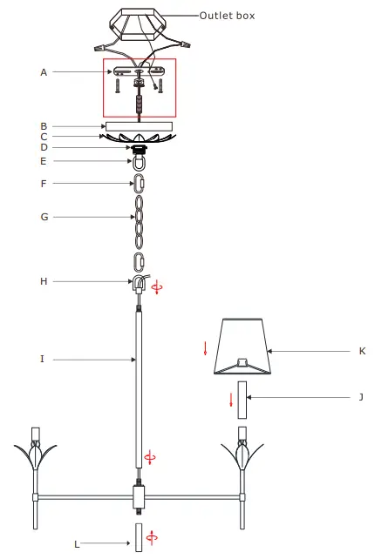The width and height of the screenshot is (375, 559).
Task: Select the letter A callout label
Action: pyautogui.click(x=44, y=72)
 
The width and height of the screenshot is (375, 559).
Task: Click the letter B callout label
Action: pyautogui.click(x=44, y=125)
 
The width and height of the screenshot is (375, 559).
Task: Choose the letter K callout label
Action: pyautogui.click(x=361, y=351)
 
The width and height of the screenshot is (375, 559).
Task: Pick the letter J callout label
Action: pyautogui.click(x=360, y=397)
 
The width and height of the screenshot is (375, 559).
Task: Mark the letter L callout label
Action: pyautogui.click(x=77, y=544)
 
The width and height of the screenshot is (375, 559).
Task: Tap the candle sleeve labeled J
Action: pyautogui.click(x=243, y=400)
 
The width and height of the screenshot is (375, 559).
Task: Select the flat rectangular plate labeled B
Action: pyautogui.click(x=139, y=125)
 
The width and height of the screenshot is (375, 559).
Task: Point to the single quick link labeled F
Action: pyautogui.click(x=138, y=185)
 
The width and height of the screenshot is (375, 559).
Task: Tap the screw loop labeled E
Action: pyautogui.click(x=138, y=162)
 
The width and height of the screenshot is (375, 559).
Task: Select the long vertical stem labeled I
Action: pyautogui.click(x=138, y=392)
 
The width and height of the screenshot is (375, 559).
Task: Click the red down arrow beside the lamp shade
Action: pyautogui.click(x=206, y=348)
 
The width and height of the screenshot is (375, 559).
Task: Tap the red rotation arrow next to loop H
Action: pyautogui.click(x=157, y=287)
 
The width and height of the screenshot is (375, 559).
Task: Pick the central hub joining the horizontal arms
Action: pyautogui.click(x=138, y=498)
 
